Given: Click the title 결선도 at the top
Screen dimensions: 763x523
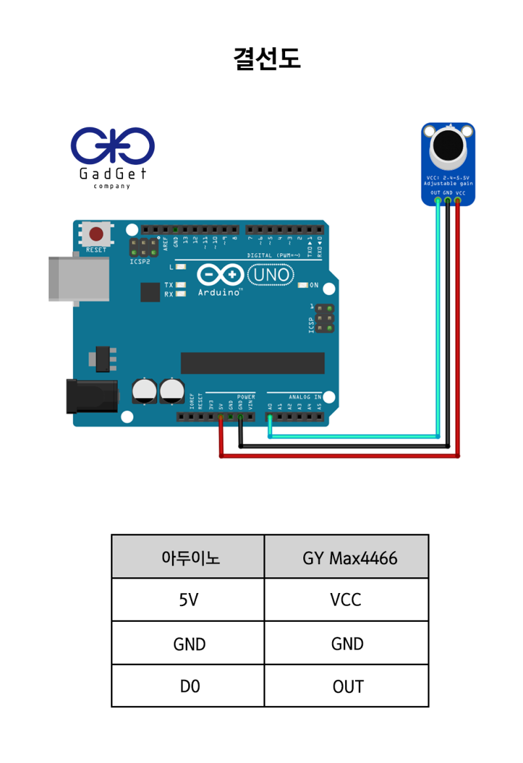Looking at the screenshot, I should pyautogui.click(x=267, y=59).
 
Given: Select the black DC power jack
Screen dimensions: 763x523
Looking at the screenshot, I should pyautogui.click(x=92, y=396).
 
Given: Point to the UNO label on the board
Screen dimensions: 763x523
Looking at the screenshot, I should pyautogui.click(x=270, y=275).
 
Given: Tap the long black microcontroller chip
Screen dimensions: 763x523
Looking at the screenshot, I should pyautogui.click(x=252, y=363).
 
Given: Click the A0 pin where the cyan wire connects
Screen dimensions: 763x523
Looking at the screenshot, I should pyautogui.click(x=270, y=417).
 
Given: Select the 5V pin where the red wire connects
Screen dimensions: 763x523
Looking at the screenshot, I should pyautogui.click(x=221, y=417).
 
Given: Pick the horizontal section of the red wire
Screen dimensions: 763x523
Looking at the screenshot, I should pyautogui.click(x=340, y=456).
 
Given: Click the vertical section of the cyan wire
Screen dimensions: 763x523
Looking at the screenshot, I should pyautogui.click(x=438, y=314).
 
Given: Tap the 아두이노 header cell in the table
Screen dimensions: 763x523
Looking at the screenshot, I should pyautogui.click(x=188, y=557).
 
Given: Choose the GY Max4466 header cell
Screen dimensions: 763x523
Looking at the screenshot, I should pyautogui.click(x=346, y=557).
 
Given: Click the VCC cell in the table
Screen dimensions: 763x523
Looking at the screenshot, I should pyautogui.click(x=346, y=600).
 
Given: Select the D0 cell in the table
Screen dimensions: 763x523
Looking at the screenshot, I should pyautogui.click(x=188, y=687).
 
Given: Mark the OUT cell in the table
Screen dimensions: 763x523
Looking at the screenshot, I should pyautogui.click(x=346, y=687).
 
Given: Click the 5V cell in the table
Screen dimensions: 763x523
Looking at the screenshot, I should pyautogui.click(x=188, y=600).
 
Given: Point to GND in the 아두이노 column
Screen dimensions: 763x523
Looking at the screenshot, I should pyautogui.click(x=188, y=643).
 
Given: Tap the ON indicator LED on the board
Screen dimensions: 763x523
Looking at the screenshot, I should pyautogui.click(x=303, y=286).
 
